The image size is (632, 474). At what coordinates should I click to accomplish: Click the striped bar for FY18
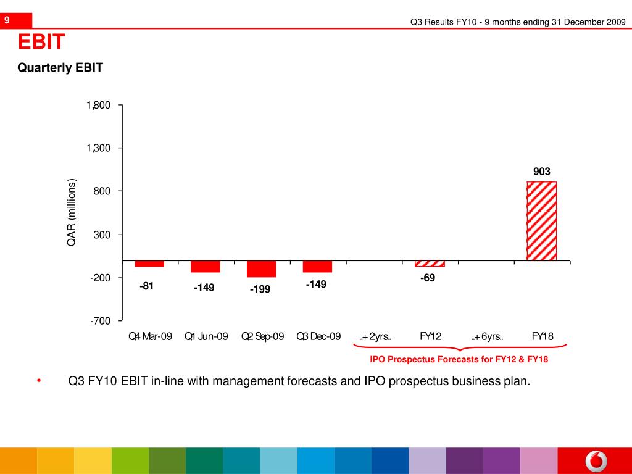[541, 221]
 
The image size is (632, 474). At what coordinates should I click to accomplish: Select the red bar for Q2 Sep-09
[261, 269]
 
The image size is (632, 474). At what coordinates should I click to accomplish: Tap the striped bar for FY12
[430, 264]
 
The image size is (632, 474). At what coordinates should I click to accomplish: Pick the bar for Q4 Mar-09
[149, 264]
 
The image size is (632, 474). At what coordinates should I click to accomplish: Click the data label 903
[542, 172]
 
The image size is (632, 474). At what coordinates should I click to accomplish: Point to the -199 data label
[260, 289]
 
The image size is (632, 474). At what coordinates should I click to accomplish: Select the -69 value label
[428, 278]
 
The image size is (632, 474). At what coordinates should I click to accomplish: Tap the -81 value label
[147, 286]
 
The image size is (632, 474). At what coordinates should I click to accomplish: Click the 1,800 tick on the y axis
[99, 106]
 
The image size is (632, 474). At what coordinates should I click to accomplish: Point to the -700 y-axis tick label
[100, 321]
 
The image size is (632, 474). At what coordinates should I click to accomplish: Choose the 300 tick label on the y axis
[102, 235]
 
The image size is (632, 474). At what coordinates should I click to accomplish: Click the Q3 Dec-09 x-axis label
[318, 336]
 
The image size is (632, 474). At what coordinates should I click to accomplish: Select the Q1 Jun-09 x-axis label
[206, 336]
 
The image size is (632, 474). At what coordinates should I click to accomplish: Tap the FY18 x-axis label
[543, 336]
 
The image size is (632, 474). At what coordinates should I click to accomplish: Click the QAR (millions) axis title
[72, 213]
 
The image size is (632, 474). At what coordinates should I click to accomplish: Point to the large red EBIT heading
[41, 43]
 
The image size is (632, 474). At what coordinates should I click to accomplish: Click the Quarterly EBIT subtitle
[60, 68]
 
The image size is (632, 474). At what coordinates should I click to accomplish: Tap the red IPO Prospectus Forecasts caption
[459, 359]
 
